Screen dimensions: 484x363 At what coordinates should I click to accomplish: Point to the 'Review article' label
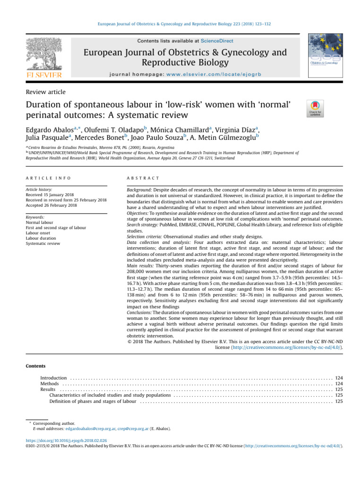[46, 92]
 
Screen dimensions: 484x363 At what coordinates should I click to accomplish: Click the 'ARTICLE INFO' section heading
[48, 178]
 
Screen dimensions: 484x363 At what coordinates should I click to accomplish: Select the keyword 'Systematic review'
[43, 243]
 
